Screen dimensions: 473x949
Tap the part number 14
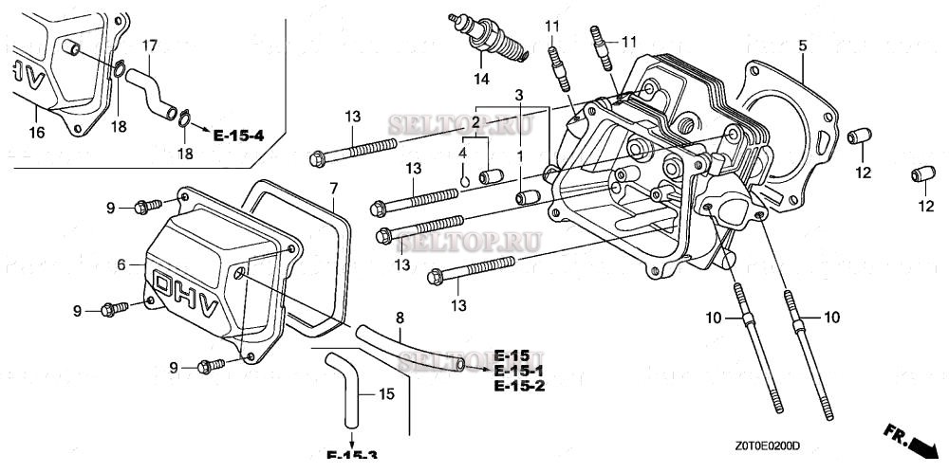(482, 78)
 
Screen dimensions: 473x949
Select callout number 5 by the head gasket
(802, 45)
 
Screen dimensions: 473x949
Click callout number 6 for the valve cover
(121, 264)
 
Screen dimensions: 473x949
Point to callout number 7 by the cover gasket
(333, 189)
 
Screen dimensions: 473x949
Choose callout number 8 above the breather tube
(400, 317)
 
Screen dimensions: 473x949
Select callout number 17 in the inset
(150, 45)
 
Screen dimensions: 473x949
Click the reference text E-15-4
(238, 136)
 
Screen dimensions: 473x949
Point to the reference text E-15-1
(518, 372)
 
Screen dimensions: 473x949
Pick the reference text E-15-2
(519, 387)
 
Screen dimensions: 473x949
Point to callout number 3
(519, 95)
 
